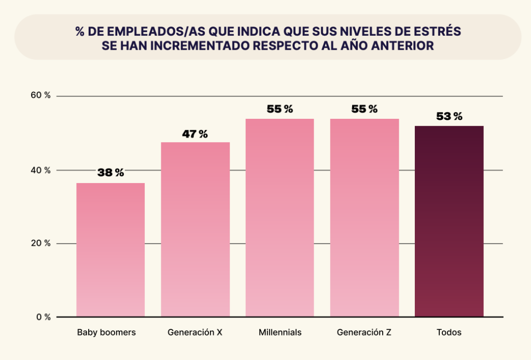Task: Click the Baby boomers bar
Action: click(x=110, y=250)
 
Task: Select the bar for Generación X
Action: click(x=195, y=229)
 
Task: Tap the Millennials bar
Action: click(x=280, y=218)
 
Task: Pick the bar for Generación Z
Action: click(x=365, y=218)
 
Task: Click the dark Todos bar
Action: click(x=449, y=221)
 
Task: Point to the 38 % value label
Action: click(x=110, y=173)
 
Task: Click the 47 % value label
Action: click(x=195, y=134)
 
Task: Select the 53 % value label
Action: click(x=449, y=116)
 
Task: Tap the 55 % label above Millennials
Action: click(x=280, y=109)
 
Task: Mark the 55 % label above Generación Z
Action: click(x=365, y=109)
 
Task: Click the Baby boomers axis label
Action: click(x=106, y=333)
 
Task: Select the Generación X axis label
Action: click(x=195, y=333)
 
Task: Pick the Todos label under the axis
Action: click(x=449, y=333)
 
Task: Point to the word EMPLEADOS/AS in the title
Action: click(x=136, y=31)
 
